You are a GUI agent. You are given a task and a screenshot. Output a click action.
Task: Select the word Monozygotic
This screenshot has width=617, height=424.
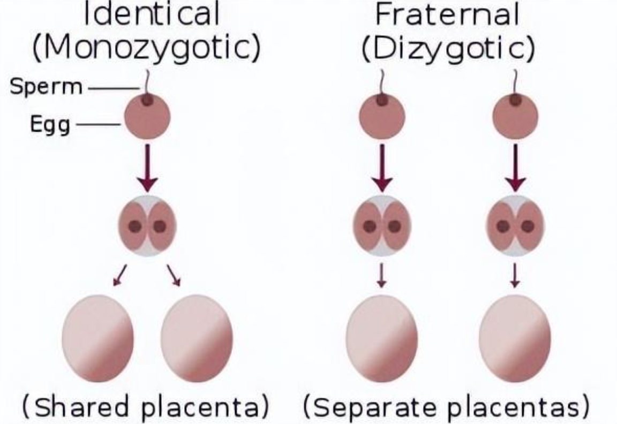[x=147, y=49]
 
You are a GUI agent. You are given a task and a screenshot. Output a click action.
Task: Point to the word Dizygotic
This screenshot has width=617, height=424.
[x=447, y=49]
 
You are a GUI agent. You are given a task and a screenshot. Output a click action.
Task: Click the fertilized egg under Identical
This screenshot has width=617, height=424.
[x=147, y=115]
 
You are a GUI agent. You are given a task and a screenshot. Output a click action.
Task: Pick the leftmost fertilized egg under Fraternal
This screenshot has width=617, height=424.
[x=381, y=115]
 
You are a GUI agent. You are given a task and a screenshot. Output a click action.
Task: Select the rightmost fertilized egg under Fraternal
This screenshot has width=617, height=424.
[x=515, y=115]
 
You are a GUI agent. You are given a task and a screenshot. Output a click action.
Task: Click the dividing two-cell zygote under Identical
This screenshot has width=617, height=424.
[x=147, y=226]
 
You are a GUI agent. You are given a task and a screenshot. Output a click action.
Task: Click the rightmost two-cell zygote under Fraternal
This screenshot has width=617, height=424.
[x=515, y=226]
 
